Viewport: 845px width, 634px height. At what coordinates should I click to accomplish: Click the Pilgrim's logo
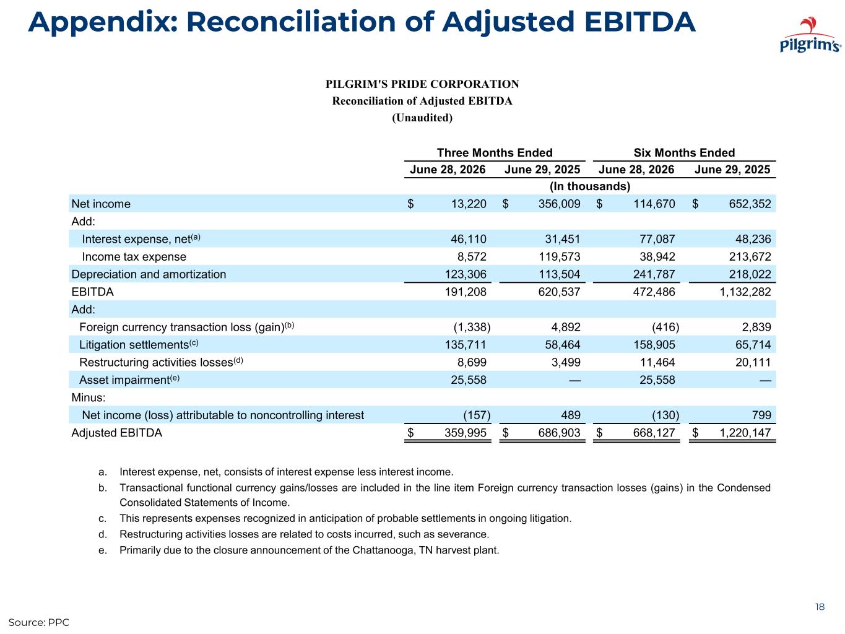(810, 35)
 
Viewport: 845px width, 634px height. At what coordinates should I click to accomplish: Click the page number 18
(820, 607)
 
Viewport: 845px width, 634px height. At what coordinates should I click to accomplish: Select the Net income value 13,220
(469, 204)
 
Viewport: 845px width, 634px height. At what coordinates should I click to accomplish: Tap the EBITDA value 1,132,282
(745, 292)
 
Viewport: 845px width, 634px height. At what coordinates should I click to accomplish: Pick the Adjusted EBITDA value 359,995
(465, 433)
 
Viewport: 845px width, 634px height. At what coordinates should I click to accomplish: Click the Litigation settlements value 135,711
(465, 344)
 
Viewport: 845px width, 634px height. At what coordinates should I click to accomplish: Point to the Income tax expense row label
(134, 257)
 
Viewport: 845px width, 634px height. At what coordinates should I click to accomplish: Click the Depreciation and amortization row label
(149, 274)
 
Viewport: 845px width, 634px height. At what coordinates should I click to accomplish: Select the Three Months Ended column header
(494, 153)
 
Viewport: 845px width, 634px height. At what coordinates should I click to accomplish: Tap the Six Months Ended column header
(684, 153)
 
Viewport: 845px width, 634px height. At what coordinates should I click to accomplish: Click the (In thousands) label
(590, 186)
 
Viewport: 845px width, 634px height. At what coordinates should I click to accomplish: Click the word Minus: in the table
(89, 397)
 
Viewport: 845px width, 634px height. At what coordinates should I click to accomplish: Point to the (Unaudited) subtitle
(422, 118)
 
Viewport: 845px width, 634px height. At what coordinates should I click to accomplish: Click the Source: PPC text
(39, 622)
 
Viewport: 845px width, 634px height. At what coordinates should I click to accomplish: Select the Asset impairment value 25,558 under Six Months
(657, 380)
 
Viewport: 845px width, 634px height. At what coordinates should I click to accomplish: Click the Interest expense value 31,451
(563, 239)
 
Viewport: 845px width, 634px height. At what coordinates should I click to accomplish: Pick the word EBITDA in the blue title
(640, 22)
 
